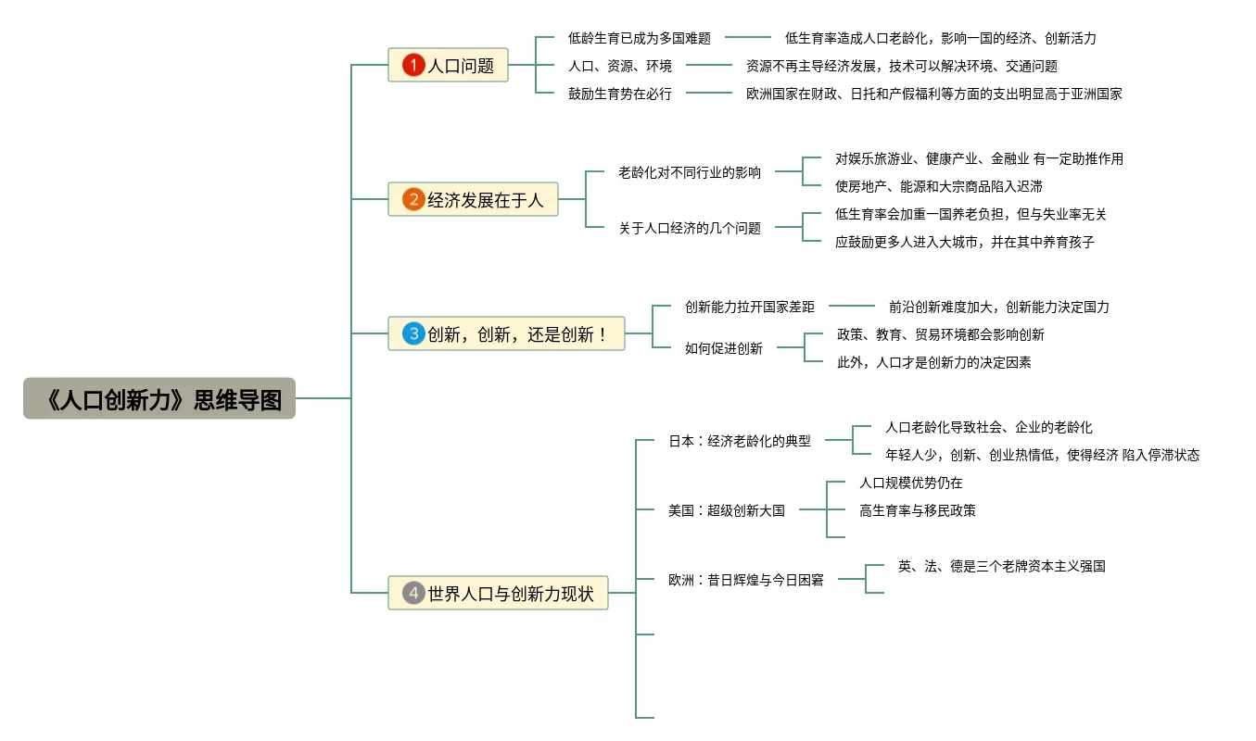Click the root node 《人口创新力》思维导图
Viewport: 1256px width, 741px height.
[159, 398]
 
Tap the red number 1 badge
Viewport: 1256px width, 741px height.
[412, 65]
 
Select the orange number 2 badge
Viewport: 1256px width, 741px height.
[413, 199]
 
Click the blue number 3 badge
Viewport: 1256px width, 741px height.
[413, 333]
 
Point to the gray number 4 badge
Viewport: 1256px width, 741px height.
[413, 593]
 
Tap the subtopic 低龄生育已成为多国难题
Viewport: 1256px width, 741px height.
[640, 38]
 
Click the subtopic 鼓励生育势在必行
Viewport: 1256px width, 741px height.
[620, 94]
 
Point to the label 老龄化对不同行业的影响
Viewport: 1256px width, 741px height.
[690, 172]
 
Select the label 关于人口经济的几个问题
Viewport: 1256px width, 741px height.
[690, 228]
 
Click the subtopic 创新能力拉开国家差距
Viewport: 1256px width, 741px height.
[750, 307]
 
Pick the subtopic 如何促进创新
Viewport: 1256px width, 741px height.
[724, 348]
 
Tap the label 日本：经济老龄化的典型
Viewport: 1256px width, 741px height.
[740, 441]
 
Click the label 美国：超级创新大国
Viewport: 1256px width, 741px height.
[727, 510]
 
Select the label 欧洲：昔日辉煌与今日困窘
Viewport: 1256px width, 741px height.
[746, 580]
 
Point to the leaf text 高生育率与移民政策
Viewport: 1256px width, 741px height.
[917, 510]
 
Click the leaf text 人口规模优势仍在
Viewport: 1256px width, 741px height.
[910, 483]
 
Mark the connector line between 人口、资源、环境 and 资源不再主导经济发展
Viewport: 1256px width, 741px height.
[708, 66]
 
